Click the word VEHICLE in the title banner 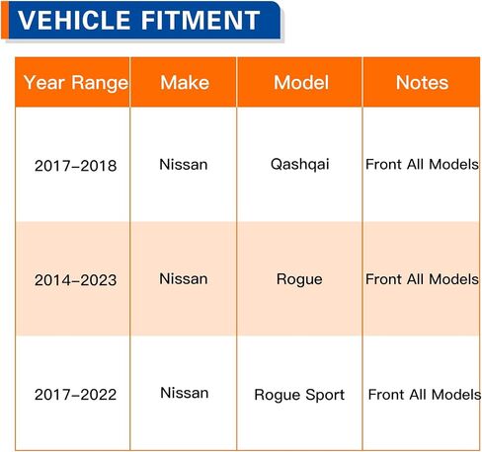click(x=74, y=20)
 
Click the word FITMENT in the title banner click(x=201, y=20)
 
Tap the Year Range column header click(x=76, y=83)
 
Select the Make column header click(x=185, y=82)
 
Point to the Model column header click(x=301, y=82)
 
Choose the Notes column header click(x=422, y=82)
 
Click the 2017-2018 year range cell click(x=76, y=166)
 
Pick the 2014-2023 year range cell click(x=76, y=280)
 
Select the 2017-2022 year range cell click(x=76, y=395)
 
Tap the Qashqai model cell click(x=299, y=165)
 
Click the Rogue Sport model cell click(x=299, y=395)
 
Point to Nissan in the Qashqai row click(x=184, y=165)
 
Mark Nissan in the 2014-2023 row click(x=184, y=279)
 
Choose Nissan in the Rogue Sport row click(x=185, y=393)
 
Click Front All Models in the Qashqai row click(x=422, y=164)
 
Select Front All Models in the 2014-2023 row click(x=422, y=279)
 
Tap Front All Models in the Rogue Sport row click(x=424, y=395)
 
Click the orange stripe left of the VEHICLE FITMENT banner click(x=5, y=20)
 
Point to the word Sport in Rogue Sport click(x=325, y=395)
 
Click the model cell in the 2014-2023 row click(x=299, y=279)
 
